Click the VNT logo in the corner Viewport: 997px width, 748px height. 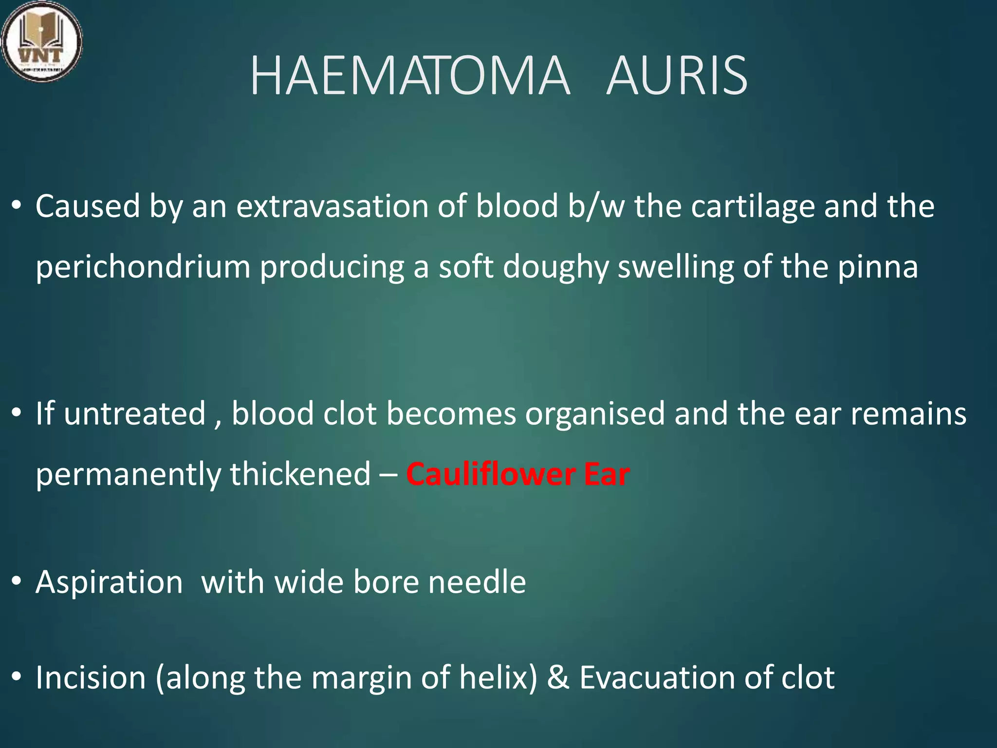click(x=41, y=41)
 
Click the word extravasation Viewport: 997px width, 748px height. click(x=332, y=206)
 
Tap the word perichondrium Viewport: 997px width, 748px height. click(x=143, y=267)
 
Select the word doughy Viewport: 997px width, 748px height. click(x=555, y=267)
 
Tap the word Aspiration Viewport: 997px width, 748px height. click(x=109, y=582)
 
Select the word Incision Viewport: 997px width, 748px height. click(x=91, y=677)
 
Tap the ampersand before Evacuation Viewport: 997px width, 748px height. click(x=558, y=678)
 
